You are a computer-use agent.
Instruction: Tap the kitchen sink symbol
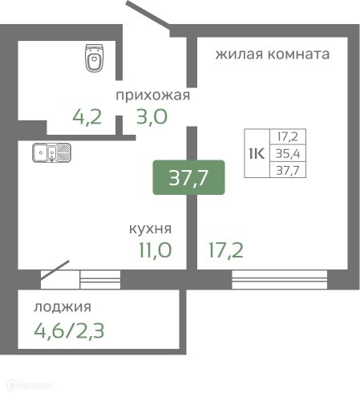point(52,152)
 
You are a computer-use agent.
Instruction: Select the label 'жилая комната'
point(272,55)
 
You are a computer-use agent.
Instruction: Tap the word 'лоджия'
point(63,306)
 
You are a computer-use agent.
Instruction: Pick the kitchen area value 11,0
point(153,251)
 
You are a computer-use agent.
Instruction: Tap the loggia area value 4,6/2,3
point(70,330)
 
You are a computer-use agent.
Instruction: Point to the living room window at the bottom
point(280,278)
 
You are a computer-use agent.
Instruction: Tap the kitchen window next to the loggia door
point(99,278)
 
